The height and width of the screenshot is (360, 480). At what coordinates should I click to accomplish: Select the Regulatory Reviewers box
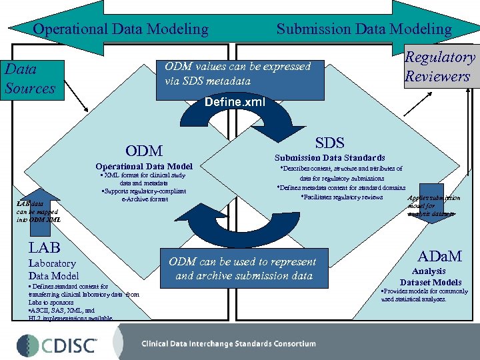point(441,67)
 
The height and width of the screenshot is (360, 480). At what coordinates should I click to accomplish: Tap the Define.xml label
point(235,102)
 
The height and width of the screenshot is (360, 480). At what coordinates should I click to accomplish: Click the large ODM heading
point(143,151)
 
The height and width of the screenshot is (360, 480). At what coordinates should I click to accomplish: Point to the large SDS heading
point(329,143)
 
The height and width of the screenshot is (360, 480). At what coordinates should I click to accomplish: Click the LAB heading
point(44,247)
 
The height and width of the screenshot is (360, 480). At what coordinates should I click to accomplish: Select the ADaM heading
point(439,256)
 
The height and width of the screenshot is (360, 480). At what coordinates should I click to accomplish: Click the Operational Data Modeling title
point(121,29)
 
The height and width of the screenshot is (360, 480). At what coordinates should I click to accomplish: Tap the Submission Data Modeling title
point(364,29)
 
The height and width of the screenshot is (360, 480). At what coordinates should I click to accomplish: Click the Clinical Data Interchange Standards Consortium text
point(229,344)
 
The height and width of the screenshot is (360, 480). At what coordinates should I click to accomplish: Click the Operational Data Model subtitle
point(144,166)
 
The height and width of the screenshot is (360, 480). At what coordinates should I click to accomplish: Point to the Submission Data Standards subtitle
point(330,158)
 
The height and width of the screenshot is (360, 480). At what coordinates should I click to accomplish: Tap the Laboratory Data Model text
point(53,269)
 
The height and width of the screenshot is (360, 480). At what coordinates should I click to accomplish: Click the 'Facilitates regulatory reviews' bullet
point(342,197)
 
